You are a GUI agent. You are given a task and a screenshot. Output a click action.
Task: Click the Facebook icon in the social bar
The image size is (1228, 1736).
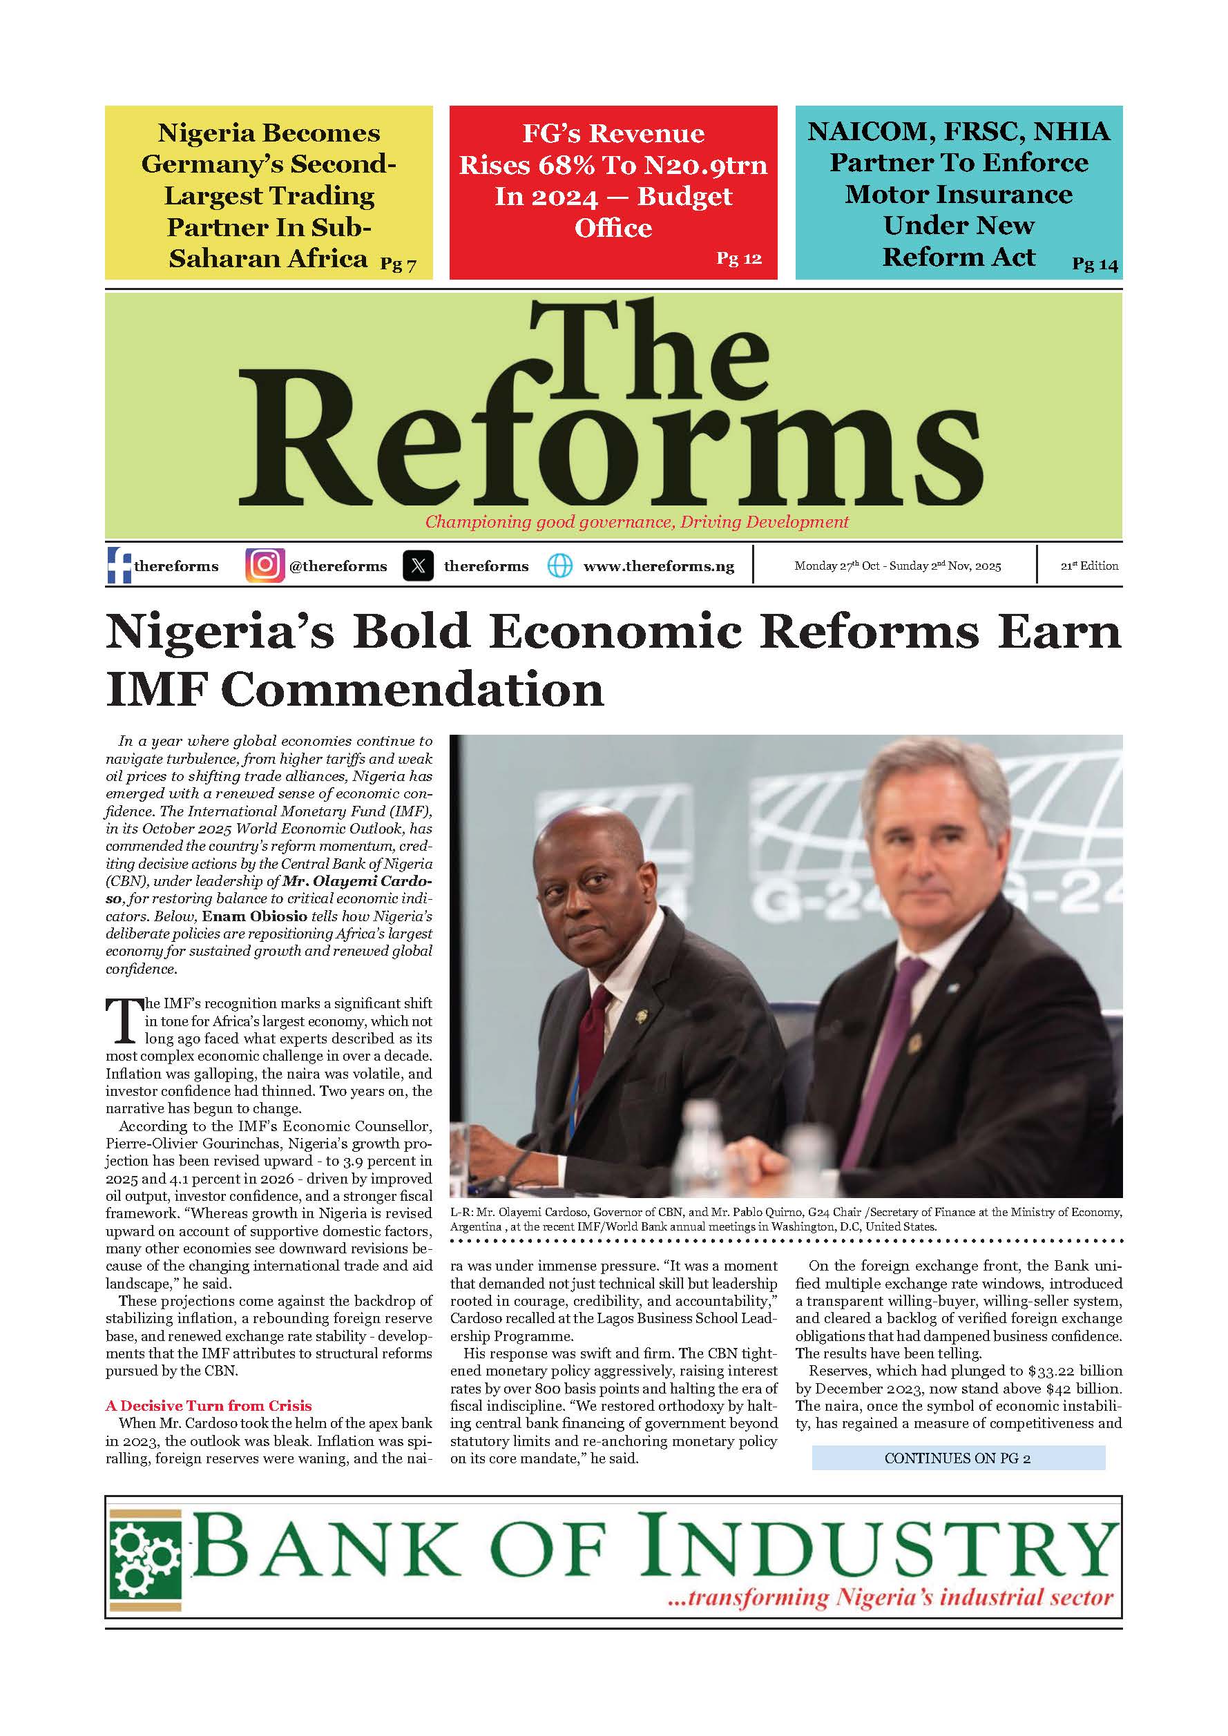(119, 566)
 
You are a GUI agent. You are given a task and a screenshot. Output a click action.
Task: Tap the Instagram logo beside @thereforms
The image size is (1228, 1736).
(265, 566)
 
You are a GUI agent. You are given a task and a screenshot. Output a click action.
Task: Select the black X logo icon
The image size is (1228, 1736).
(418, 566)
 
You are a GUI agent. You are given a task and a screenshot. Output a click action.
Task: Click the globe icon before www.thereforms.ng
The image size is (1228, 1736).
(559, 566)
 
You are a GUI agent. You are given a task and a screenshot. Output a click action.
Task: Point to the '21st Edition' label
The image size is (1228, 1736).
(1089, 566)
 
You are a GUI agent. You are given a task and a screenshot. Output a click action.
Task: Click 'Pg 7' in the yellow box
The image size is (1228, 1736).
(398, 264)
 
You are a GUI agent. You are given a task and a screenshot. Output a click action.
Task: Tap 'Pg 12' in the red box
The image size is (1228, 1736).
(739, 258)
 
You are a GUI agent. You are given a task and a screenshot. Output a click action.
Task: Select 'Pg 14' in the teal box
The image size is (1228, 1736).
(1094, 264)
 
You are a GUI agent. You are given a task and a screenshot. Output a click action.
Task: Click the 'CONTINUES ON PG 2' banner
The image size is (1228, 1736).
(957, 1458)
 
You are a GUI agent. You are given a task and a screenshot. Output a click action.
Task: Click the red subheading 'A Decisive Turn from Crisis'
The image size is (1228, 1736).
(208, 1406)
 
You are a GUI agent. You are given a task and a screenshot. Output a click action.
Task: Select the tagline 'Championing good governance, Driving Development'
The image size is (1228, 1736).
(637, 522)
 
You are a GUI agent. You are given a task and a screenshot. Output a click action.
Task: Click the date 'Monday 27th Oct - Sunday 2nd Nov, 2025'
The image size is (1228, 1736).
(898, 566)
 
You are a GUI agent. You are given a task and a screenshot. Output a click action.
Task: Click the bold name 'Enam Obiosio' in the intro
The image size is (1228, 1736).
(255, 916)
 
